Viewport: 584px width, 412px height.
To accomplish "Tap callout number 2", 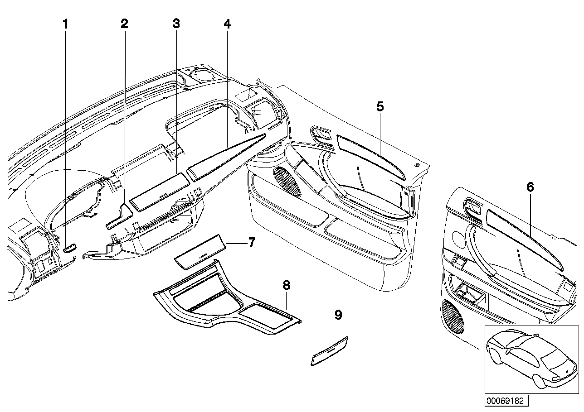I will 124,24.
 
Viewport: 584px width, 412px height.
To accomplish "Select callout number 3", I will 176,24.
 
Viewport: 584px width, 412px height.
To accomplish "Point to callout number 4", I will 227,24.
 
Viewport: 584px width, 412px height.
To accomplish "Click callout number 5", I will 380,107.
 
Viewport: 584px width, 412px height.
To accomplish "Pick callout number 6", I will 530,187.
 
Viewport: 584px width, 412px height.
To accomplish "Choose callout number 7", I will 251,243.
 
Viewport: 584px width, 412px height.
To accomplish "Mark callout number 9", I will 338,315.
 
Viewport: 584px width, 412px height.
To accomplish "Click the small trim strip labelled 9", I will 329,350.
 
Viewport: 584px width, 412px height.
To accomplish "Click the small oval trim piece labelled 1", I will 69,248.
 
